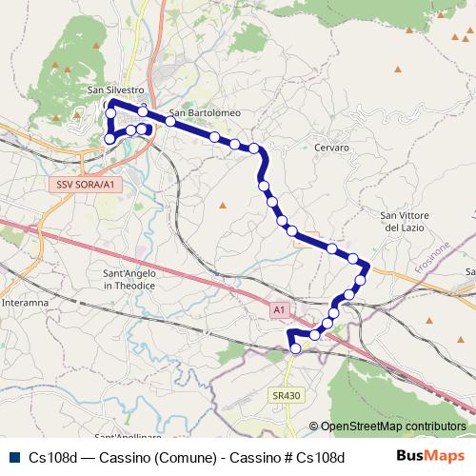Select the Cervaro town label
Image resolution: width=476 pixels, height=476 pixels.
click(331, 148)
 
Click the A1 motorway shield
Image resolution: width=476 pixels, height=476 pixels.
click(279, 310)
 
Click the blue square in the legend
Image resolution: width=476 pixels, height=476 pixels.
click(13, 457)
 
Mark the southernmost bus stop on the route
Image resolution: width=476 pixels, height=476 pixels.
click(295, 349)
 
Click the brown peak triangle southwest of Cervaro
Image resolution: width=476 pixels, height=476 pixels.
click(222, 204)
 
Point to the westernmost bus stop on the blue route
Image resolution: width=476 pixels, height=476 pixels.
click(109, 139)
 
